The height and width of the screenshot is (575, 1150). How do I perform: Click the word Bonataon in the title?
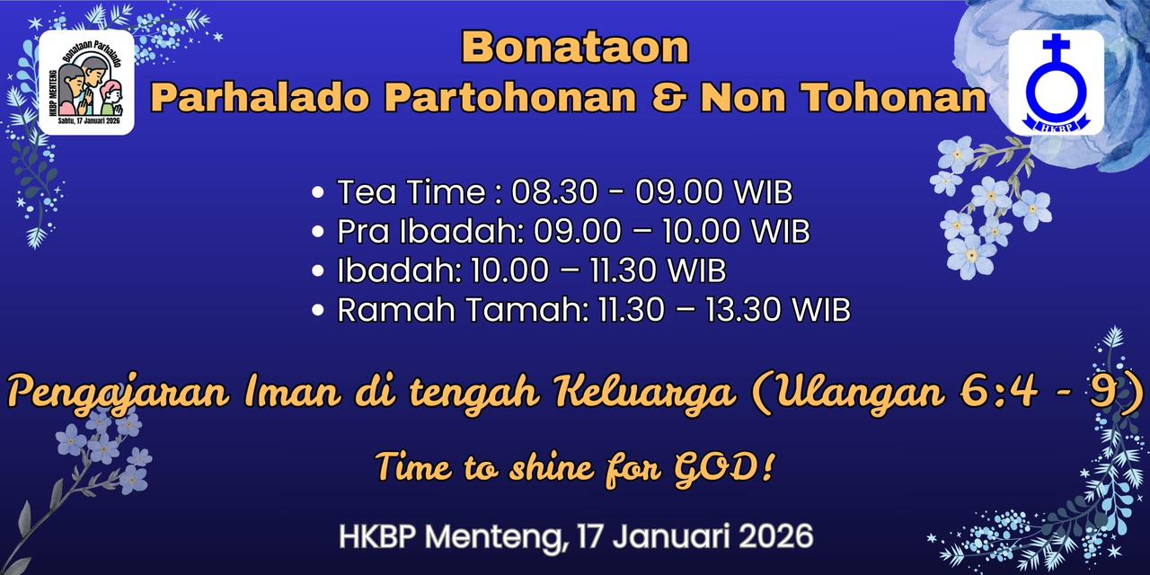(x=575, y=48)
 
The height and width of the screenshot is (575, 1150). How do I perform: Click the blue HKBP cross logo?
(x=1056, y=83)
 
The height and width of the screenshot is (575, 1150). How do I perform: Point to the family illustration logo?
(x=86, y=82)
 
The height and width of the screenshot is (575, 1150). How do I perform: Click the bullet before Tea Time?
(x=318, y=192)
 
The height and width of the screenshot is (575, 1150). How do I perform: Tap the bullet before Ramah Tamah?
(x=318, y=310)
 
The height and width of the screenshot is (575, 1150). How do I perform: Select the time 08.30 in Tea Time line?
(x=555, y=192)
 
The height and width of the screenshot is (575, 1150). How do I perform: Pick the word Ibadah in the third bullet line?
(x=399, y=270)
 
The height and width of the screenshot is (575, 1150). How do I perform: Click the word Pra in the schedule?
(x=363, y=232)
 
